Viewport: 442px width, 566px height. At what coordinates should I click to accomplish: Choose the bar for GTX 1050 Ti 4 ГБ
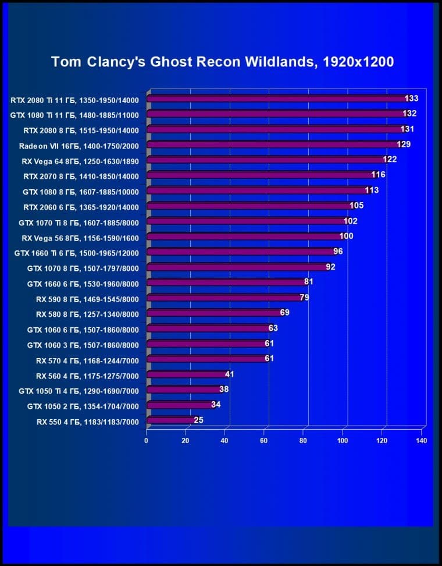tap(183, 390)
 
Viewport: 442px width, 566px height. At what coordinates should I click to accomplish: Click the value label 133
tap(411, 98)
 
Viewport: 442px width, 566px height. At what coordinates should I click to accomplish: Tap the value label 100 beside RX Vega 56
tap(346, 236)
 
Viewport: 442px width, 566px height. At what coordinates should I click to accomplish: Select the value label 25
tap(198, 419)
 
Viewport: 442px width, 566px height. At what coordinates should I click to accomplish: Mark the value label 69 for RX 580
tap(284, 312)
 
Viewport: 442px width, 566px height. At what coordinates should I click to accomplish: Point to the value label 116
tap(378, 175)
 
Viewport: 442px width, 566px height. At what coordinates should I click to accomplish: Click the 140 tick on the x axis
tap(422, 441)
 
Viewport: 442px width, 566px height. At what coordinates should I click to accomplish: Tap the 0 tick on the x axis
tap(147, 441)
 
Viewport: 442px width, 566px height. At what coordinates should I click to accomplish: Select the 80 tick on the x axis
tap(304, 441)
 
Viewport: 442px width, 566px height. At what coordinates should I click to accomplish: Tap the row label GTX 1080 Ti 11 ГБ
tap(74, 115)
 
